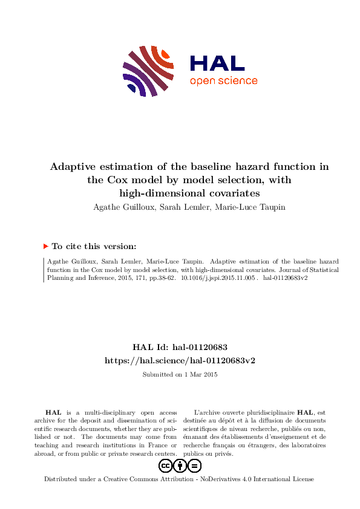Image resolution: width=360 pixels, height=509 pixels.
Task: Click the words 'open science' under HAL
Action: point(223,81)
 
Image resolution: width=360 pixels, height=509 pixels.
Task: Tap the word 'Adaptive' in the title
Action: point(74,167)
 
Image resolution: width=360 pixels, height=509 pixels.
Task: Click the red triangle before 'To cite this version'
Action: point(46,246)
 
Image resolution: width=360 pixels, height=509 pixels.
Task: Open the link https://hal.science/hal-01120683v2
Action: point(180,360)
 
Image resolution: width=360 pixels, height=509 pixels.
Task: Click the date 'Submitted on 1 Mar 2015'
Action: point(180,375)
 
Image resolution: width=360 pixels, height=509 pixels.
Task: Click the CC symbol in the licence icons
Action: point(165,465)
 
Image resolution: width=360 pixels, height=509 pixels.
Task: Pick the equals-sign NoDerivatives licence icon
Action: point(194,465)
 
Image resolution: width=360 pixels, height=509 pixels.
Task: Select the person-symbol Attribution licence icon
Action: point(180,465)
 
